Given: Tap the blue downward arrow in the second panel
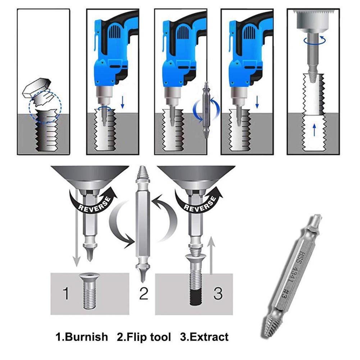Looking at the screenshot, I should pyautogui.click(x=123, y=102).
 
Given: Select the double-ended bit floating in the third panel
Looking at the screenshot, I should pyautogui.click(x=206, y=110).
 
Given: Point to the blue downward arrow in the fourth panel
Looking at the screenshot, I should pyautogui.click(x=257, y=102).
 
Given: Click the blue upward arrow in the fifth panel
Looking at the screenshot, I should pyautogui.click(x=314, y=130).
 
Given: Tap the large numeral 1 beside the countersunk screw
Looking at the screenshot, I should pyautogui.click(x=65, y=293).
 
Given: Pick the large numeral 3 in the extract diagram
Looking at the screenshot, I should pyautogui.click(x=218, y=293).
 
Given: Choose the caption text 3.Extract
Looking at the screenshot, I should pyautogui.click(x=204, y=337).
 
